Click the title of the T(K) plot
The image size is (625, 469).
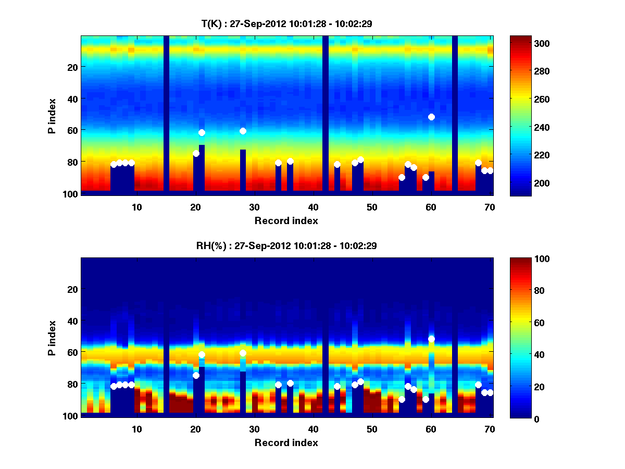[x=287, y=23]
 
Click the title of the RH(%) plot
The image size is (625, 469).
[x=287, y=245]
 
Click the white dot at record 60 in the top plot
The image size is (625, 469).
[x=431, y=117]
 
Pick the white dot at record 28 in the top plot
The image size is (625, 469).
[x=243, y=131]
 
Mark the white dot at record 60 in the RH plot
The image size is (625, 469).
[x=431, y=339]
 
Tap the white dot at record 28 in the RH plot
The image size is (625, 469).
[x=243, y=353]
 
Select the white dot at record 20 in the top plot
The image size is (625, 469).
[x=196, y=153]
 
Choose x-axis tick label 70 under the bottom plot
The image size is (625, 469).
[x=490, y=429]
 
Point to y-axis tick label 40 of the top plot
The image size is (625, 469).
[x=72, y=98]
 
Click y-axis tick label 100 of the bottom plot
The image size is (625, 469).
[x=70, y=416]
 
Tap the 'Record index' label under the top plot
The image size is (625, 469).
[x=286, y=220]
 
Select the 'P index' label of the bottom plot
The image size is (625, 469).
[x=52, y=339]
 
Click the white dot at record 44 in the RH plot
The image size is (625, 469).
[x=337, y=386]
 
